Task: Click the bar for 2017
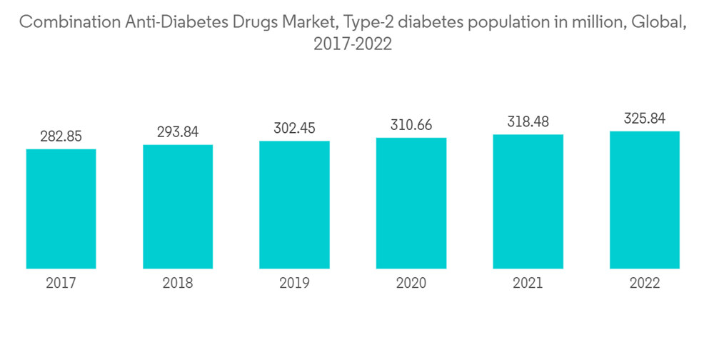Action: [61, 209]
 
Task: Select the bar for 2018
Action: [178, 206]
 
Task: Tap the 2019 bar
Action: [294, 204]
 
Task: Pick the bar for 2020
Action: [411, 203]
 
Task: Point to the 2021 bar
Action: [528, 201]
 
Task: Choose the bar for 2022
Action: [645, 200]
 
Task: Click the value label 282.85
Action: [61, 136]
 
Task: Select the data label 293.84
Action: [178, 132]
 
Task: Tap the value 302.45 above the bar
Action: [294, 129]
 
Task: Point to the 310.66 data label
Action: [411, 126]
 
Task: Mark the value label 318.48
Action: [528, 122]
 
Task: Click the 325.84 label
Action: [645, 119]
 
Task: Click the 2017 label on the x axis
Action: [61, 284]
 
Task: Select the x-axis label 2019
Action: [294, 284]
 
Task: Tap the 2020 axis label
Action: [411, 284]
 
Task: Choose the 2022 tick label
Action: [645, 284]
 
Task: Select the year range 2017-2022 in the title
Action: [353, 44]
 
